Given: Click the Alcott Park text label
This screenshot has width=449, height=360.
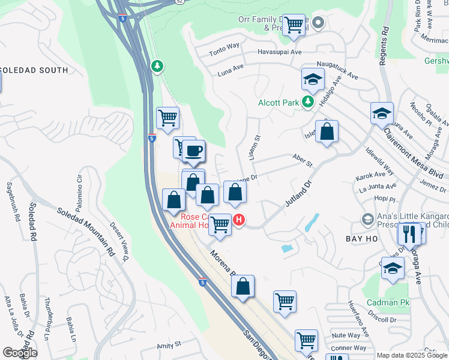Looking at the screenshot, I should pos(279,103).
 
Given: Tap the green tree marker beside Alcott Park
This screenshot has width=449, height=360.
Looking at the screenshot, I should pos(308,102).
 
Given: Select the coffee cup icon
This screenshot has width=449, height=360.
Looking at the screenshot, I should pos(193,151).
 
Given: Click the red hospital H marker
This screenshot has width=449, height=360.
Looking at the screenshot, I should pos(240,220).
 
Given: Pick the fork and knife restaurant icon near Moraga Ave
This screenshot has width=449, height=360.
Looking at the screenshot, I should pos(410,233).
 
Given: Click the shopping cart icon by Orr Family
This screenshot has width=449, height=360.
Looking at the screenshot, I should pos(294,25).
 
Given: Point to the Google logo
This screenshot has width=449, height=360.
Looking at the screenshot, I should pos(20,353).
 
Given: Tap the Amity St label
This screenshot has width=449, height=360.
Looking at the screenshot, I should pos(169,345).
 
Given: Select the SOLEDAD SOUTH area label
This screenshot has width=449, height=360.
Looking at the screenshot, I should pos(34,70).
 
